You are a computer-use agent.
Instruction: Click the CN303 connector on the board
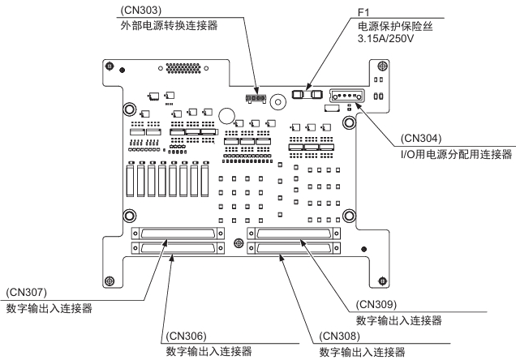(256, 100)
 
